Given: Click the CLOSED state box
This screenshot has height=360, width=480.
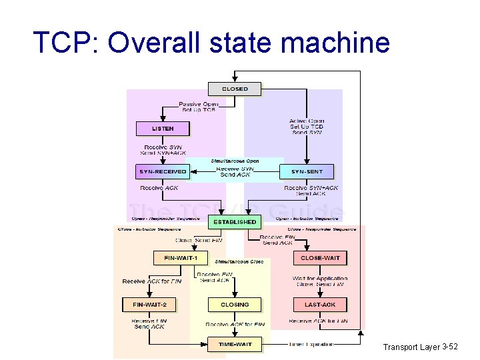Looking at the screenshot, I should pos(235,89).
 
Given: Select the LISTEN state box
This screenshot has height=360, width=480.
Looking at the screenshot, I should pos(163,128).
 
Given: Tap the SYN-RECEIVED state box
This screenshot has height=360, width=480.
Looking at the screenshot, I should pos(162,171).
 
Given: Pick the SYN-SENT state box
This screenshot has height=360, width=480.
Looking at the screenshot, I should pos(307,171).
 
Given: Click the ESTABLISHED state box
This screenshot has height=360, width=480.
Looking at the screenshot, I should pos(235,221).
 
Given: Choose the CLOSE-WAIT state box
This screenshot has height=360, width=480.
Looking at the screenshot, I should pos(320,257).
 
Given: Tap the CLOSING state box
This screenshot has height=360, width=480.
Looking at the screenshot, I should pos(235,305).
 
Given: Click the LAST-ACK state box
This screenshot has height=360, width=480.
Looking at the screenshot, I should pos(320,305).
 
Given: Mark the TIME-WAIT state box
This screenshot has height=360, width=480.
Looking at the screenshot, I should pos(235,344).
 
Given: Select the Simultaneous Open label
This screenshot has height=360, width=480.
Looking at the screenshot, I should pos(235,161).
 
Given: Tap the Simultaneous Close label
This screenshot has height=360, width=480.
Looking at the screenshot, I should pos(239,261).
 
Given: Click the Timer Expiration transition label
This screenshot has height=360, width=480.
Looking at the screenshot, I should pos(311,344).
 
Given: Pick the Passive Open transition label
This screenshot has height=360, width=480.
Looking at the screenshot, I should pos(199,105).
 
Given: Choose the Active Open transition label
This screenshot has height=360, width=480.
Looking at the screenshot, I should pos(307,121).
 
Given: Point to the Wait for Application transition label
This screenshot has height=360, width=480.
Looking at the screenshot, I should pos(320,278).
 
